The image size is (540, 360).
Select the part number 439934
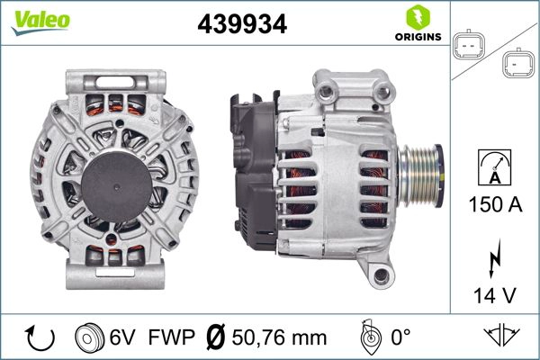[242, 25]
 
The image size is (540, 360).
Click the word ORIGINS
[417, 38]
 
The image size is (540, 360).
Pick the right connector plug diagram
[516, 62]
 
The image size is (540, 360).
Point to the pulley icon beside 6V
[91, 337]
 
